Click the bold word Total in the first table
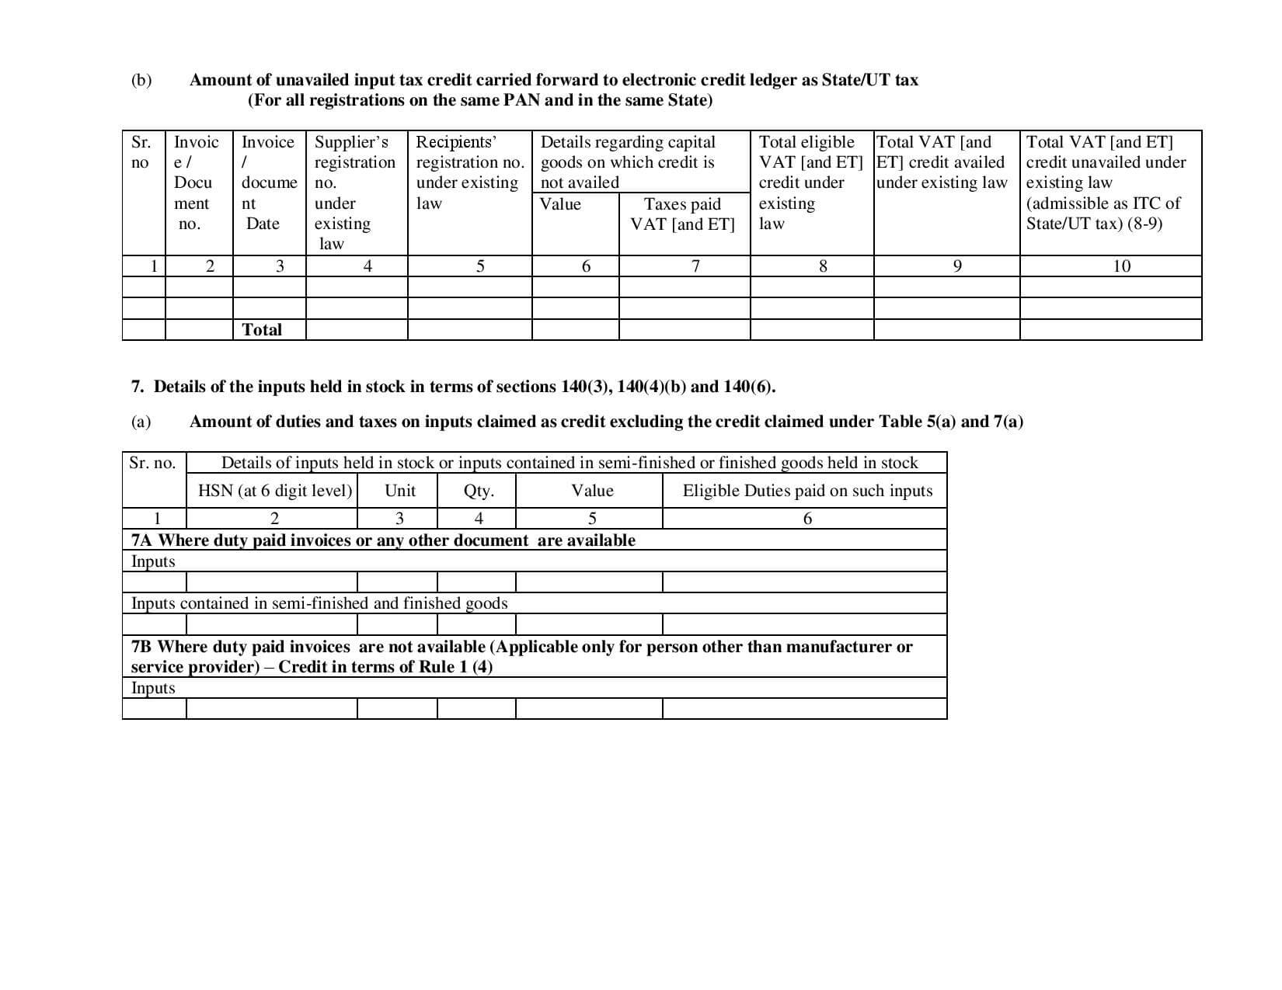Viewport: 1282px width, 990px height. (262, 329)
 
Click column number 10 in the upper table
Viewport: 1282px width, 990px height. (1121, 266)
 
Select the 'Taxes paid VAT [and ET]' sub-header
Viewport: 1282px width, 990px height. (682, 214)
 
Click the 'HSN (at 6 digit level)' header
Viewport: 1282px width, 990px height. (275, 491)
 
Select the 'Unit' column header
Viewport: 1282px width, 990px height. (400, 491)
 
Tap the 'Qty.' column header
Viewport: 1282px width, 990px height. (479, 491)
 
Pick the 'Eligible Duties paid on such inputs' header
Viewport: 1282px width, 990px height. (807, 491)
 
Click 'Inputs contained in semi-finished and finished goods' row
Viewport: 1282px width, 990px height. (319, 603)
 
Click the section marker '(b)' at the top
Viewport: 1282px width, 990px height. (141, 80)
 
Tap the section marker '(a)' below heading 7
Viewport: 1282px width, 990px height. (141, 422)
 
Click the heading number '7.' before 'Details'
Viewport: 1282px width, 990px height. (138, 387)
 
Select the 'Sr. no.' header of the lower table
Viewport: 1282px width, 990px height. (153, 464)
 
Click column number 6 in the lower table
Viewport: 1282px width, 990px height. (807, 519)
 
